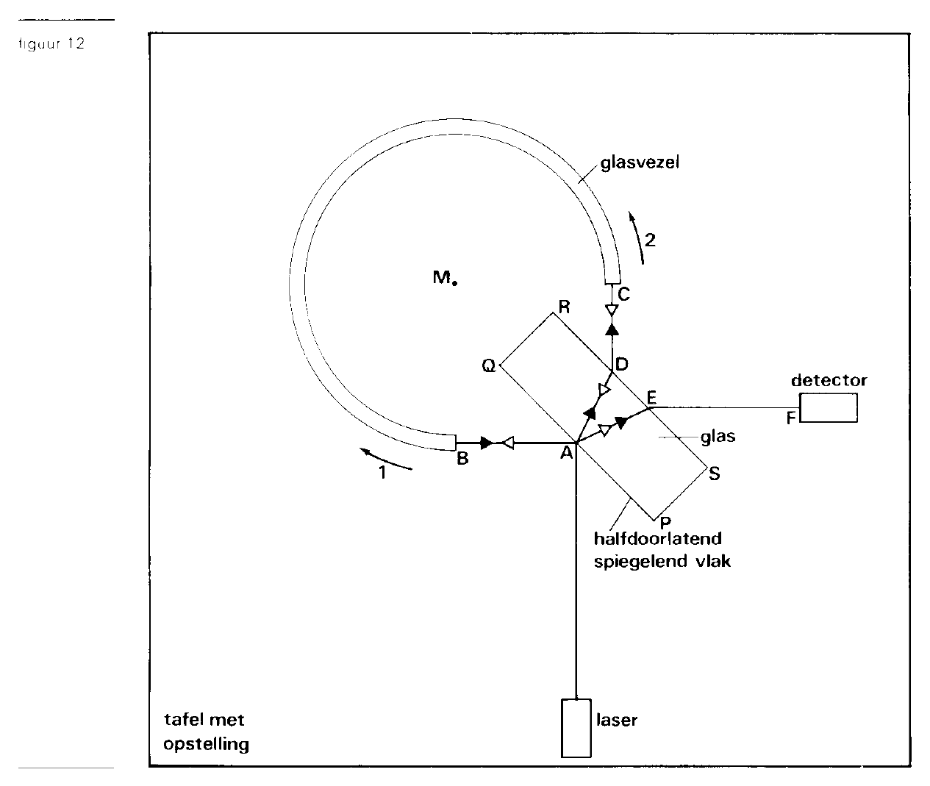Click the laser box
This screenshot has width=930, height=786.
[576, 728]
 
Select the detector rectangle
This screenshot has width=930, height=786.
[829, 407]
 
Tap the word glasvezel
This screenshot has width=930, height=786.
[640, 162]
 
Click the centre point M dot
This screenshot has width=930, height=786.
[455, 282]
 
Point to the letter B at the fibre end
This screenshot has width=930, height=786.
[462, 459]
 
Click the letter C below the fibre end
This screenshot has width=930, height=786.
[623, 294]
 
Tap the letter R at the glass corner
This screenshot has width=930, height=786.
[564, 307]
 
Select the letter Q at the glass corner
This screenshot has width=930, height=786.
[489, 366]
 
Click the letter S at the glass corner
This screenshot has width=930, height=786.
[714, 474]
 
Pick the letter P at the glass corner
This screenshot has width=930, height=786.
[665, 522]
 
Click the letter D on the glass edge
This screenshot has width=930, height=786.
[621, 364]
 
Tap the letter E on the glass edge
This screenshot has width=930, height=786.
[651, 396]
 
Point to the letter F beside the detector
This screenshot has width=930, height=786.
[790, 418]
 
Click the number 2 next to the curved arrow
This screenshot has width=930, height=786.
[651, 240]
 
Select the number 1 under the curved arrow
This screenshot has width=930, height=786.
[382, 472]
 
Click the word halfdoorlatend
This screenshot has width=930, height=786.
[658, 538]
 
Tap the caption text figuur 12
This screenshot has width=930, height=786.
[51, 43]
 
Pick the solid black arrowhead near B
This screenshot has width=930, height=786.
[487, 443]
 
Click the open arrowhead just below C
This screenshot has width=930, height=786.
[612, 310]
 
